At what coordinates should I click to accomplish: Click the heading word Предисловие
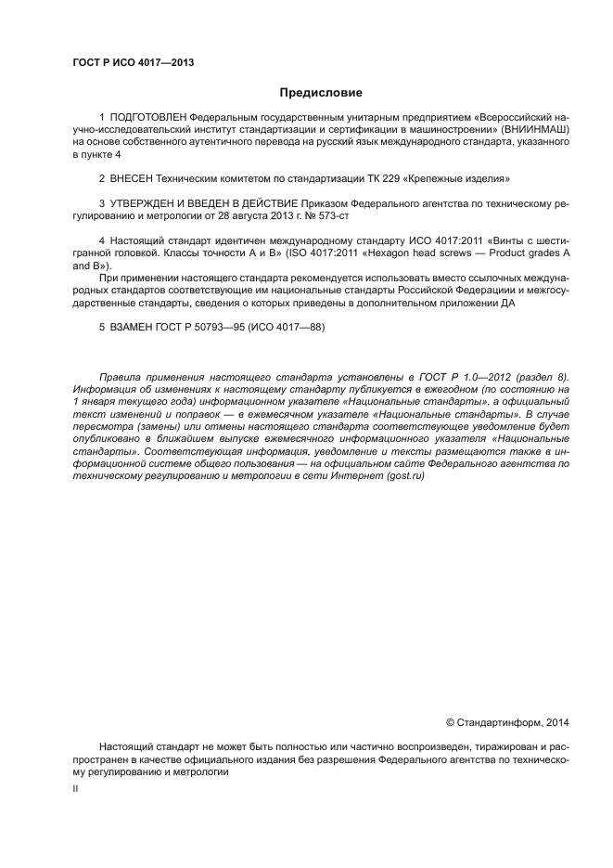(320, 92)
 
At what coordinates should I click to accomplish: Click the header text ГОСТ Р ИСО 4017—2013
(133, 63)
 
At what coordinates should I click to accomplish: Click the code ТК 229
(382, 176)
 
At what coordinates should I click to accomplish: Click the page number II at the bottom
(75, 788)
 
